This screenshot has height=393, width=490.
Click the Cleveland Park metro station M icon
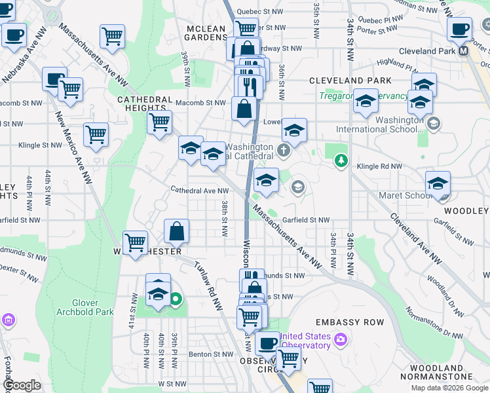[464, 50]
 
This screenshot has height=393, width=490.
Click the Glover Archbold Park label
[86, 307]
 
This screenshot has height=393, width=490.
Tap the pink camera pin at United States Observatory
[340, 339]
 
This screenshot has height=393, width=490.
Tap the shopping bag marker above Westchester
[177, 231]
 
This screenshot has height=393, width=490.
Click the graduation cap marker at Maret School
[438, 184]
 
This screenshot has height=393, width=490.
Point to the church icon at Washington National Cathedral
[283, 152]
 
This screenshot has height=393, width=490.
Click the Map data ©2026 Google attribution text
[449, 388]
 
